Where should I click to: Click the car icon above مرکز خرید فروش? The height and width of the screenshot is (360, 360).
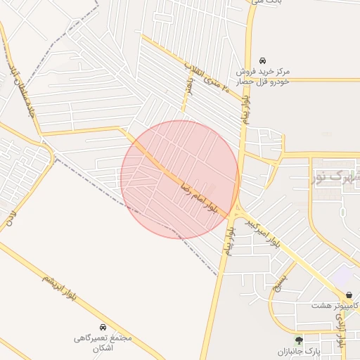(x=262, y=60)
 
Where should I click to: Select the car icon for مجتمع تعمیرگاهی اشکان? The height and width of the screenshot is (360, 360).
(x=103, y=327)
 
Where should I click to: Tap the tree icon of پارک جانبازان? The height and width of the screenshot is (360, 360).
(x=300, y=340)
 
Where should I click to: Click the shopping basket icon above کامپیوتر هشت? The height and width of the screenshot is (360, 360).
(x=349, y=295)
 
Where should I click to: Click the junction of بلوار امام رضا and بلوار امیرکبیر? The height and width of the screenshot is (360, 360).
(x=238, y=210)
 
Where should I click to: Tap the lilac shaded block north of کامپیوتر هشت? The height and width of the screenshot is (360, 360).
(x=344, y=275)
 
